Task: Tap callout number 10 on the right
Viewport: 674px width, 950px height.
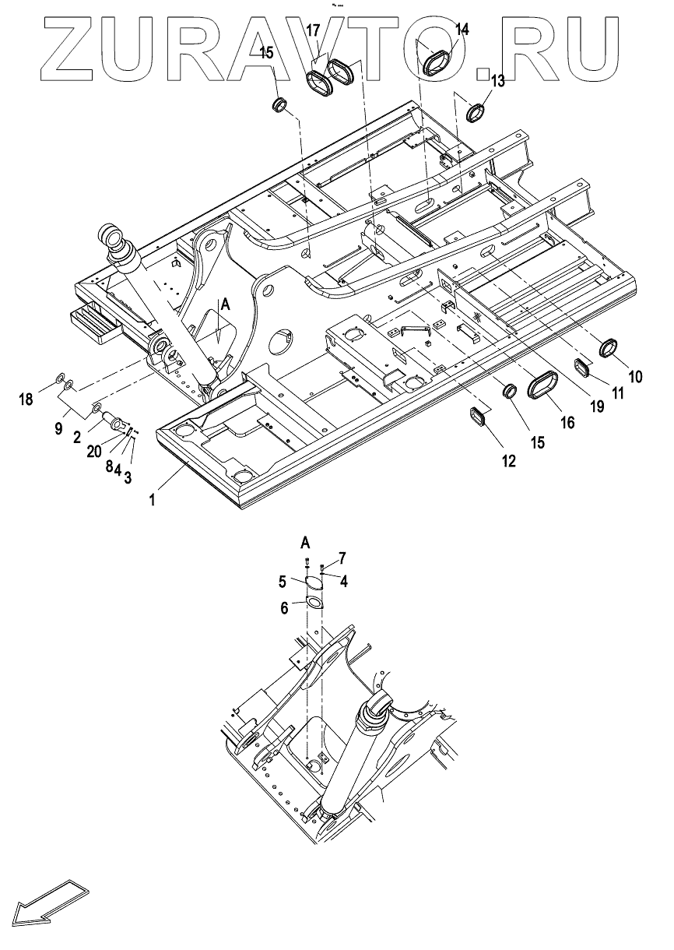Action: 635,377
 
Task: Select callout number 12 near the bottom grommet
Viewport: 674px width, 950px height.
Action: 507,461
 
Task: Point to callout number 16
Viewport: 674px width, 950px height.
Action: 567,422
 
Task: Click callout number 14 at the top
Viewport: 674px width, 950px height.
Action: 462,30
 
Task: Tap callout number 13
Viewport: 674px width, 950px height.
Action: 497,79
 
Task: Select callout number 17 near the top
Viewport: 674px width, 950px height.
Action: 313,31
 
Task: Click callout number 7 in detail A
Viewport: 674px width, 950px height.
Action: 341,559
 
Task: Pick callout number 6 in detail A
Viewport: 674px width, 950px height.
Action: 285,607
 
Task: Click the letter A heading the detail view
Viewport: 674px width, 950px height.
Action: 306,542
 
